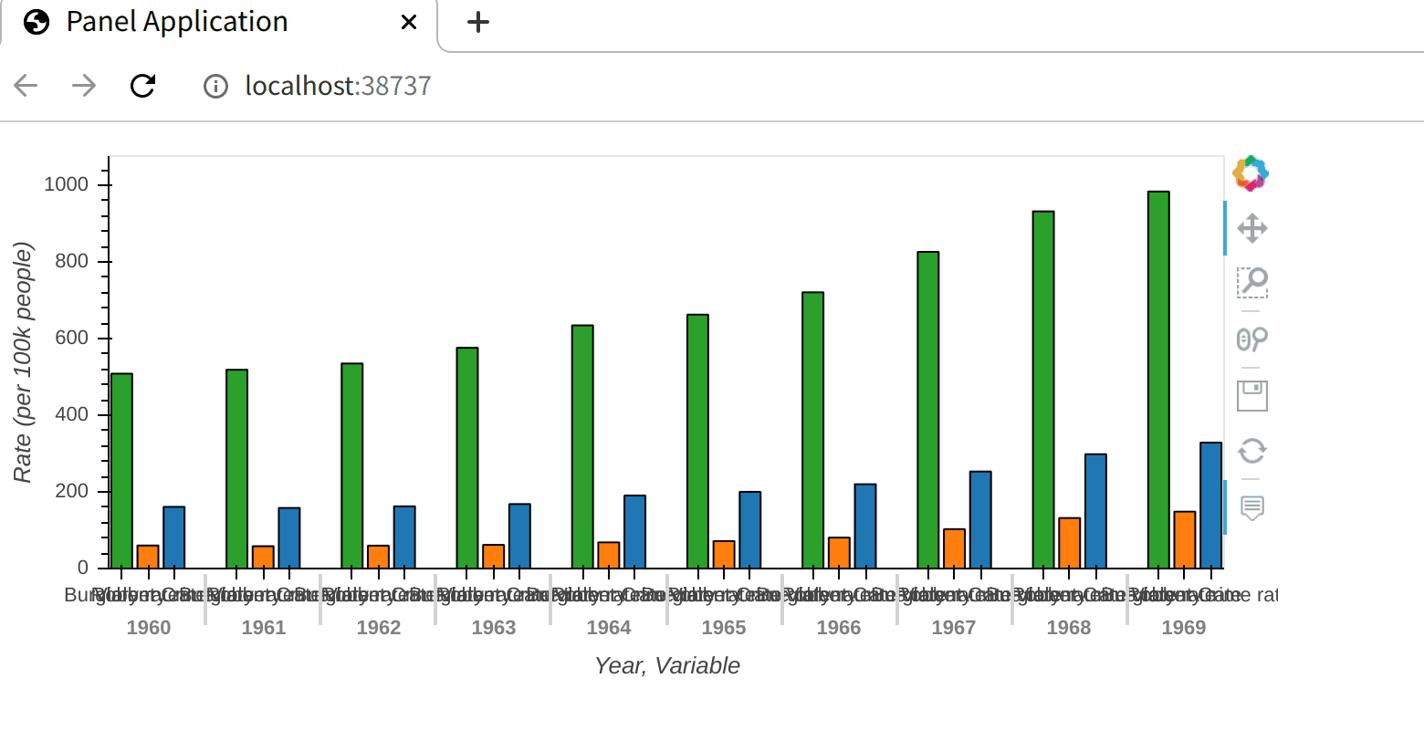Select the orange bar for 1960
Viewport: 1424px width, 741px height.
pyautogui.click(x=148, y=557)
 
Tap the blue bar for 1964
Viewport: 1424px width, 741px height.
pyautogui.click(x=634, y=532)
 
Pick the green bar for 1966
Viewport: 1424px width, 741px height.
pyautogui.click(x=812, y=430)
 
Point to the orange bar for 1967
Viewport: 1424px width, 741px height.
pyautogui.click(x=954, y=548)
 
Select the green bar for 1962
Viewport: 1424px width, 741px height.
pyautogui.click(x=352, y=465)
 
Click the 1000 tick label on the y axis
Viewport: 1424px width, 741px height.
pyautogui.click(x=67, y=185)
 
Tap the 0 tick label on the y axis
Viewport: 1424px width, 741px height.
pyautogui.click(x=83, y=568)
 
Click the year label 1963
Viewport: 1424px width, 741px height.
pyautogui.click(x=494, y=628)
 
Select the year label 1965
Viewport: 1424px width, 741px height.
pyautogui.click(x=724, y=628)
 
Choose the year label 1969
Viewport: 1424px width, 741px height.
pyautogui.click(x=1184, y=628)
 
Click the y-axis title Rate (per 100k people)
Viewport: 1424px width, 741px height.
pyautogui.click(x=23, y=362)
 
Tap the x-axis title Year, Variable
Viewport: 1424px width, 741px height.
pyautogui.click(x=666, y=666)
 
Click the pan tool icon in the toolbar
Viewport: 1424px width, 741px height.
pyautogui.click(x=1251, y=228)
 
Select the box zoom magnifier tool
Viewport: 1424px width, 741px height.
pyautogui.click(x=1251, y=283)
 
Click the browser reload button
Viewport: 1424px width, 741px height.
pyautogui.click(x=143, y=86)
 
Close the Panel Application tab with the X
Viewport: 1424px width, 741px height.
pyautogui.click(x=409, y=22)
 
